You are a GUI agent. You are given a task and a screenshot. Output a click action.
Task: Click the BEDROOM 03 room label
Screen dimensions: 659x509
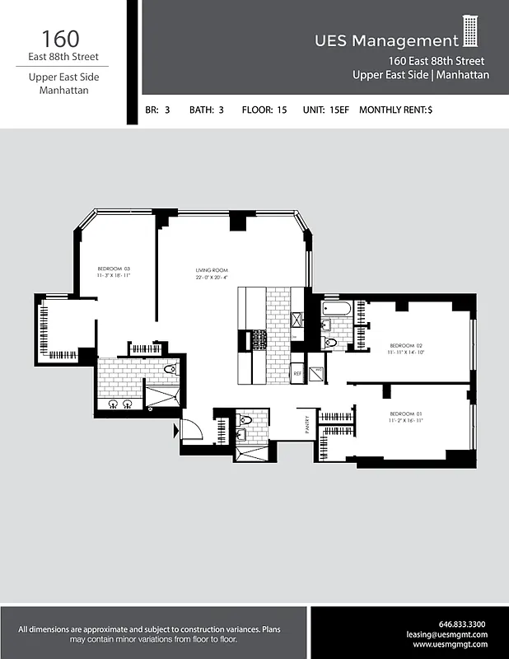coord(114,269)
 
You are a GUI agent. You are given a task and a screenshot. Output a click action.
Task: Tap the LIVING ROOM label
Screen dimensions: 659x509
coord(212,270)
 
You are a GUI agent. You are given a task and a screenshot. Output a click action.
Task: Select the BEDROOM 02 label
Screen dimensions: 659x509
coord(406,345)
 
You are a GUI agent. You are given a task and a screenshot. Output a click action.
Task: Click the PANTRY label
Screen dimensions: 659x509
coord(304,425)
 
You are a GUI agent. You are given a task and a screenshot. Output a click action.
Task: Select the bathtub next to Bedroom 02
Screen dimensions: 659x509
coord(338,309)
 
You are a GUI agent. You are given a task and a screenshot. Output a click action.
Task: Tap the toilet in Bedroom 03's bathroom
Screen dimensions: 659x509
coord(170,370)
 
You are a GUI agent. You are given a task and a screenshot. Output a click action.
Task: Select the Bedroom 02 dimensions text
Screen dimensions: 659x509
coord(406,353)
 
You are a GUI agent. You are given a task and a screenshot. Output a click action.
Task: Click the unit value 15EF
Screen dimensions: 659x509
coord(338,110)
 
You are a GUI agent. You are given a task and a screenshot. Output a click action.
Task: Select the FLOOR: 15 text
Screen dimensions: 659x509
coord(264,110)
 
